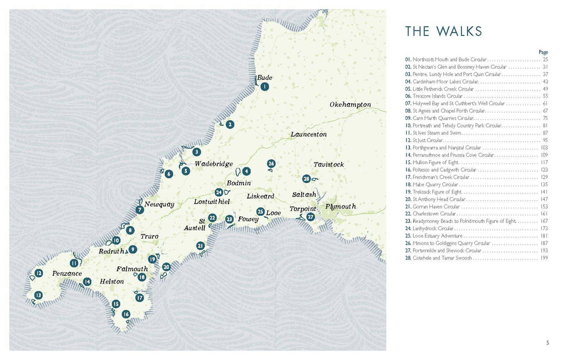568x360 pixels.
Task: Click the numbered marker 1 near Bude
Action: (x=265, y=87)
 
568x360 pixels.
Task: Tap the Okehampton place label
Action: (x=350, y=105)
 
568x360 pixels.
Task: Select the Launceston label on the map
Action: (x=308, y=134)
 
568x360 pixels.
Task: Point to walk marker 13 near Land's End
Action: (x=38, y=295)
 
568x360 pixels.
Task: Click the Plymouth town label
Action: (x=341, y=206)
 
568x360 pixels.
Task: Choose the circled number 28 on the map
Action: (x=306, y=179)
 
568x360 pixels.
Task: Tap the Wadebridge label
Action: (x=214, y=164)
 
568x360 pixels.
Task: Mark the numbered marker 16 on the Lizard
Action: (x=126, y=315)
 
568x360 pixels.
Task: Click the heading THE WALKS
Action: (x=443, y=31)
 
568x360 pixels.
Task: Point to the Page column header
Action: (x=543, y=52)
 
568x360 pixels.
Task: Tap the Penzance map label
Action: (x=67, y=273)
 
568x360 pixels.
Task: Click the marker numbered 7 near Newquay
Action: (x=140, y=210)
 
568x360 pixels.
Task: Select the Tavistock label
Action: (x=328, y=165)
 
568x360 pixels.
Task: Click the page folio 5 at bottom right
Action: (x=547, y=342)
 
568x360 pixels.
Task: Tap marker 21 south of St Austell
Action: (x=200, y=246)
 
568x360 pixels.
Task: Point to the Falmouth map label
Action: (x=132, y=269)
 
